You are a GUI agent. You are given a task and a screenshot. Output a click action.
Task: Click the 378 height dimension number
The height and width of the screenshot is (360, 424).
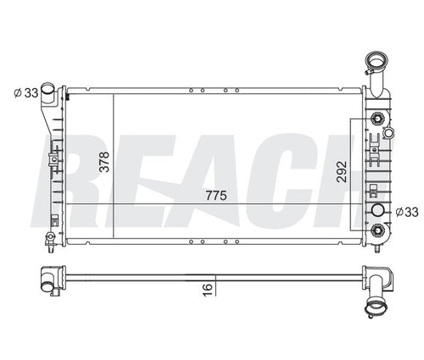[104, 162]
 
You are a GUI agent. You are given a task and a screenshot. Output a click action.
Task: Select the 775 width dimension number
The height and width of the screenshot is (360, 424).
[216, 196]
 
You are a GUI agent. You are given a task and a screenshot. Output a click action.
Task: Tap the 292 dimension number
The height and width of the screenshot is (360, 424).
[342, 172]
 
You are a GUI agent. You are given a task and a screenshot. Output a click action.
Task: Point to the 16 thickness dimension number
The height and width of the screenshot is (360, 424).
[207, 290]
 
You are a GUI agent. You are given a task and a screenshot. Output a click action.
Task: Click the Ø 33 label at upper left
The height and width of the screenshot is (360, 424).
[26, 92]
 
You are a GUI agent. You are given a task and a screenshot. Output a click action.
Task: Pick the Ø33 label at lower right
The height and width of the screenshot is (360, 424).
[407, 212]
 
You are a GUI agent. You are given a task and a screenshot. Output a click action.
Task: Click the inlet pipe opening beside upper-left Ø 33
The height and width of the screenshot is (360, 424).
[47, 88]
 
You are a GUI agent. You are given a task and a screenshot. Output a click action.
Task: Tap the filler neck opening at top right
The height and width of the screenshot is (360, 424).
[377, 60]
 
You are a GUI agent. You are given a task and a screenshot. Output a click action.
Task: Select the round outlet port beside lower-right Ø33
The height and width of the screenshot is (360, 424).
[377, 210]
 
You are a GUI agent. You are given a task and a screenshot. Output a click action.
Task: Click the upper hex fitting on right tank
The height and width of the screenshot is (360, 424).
[377, 119]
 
